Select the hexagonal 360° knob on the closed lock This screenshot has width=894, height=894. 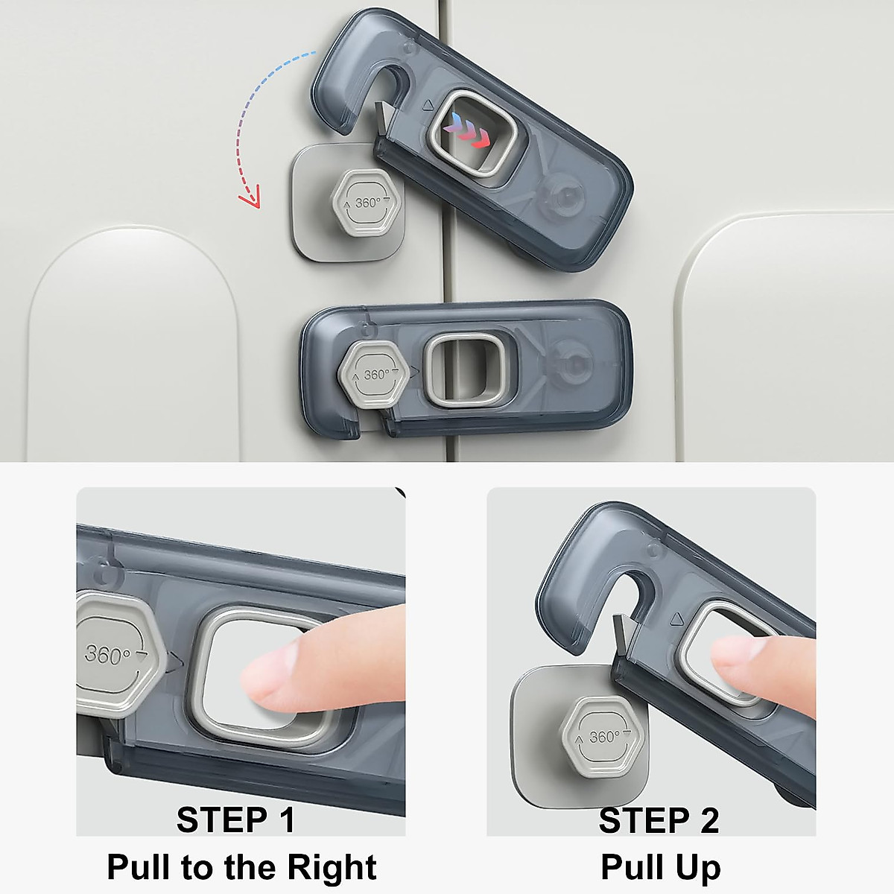[x=374, y=374]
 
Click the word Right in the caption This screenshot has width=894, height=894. [x=332, y=867]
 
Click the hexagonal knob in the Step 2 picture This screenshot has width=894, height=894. [x=602, y=738]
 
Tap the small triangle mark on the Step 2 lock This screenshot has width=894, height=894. [x=676, y=618]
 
